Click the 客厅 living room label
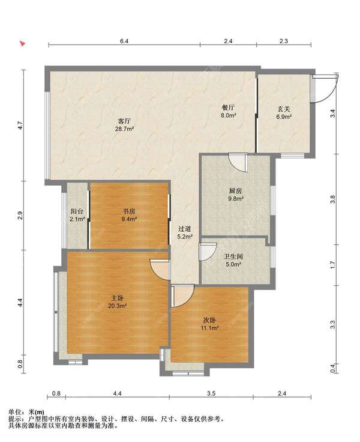pyautogui.click(x=124, y=121)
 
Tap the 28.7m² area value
pyautogui.click(x=124, y=129)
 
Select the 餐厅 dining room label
pyautogui.click(x=228, y=107)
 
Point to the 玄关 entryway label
pyautogui.click(x=284, y=109)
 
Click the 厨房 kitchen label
pyautogui.click(x=235, y=191)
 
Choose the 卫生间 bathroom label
pyautogui.click(x=233, y=257)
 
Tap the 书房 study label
pyautogui.click(x=129, y=211)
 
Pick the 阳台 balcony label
pyautogui.click(x=77, y=211)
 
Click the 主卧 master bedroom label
pyautogui.click(x=117, y=298)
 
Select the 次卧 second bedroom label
pyautogui.click(x=210, y=320)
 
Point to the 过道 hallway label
pyautogui.click(x=185, y=229)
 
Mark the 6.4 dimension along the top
pyautogui.click(x=124, y=41)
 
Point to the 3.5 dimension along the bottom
pyautogui.click(x=211, y=393)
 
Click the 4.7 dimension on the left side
pyautogui.click(x=20, y=125)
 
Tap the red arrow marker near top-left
pyautogui.click(x=23, y=43)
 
